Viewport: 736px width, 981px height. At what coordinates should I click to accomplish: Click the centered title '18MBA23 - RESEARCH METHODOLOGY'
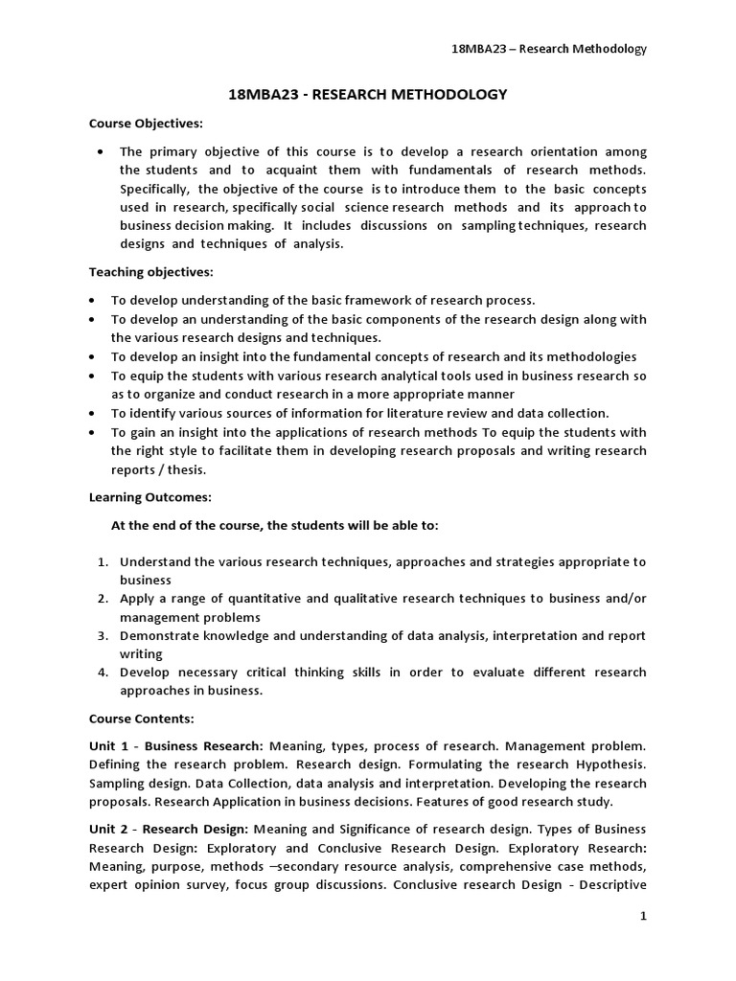coord(368,94)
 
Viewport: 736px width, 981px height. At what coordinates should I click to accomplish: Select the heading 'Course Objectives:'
coord(146,124)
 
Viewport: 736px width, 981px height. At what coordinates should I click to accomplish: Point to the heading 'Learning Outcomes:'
coord(150,498)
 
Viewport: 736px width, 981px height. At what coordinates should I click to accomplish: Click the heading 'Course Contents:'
coord(142,719)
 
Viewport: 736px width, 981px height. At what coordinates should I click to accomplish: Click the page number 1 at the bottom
coord(644,917)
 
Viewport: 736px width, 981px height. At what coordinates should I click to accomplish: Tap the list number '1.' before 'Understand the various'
coord(103,562)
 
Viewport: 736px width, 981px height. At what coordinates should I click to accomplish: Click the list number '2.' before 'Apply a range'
coord(103,599)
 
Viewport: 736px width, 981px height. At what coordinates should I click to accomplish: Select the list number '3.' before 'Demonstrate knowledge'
coord(103,636)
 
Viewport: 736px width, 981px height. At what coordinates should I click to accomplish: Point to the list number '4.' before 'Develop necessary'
coord(103,673)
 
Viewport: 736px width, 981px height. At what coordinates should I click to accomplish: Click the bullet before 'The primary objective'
coord(102,152)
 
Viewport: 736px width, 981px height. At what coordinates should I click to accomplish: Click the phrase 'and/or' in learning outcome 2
coord(623,599)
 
